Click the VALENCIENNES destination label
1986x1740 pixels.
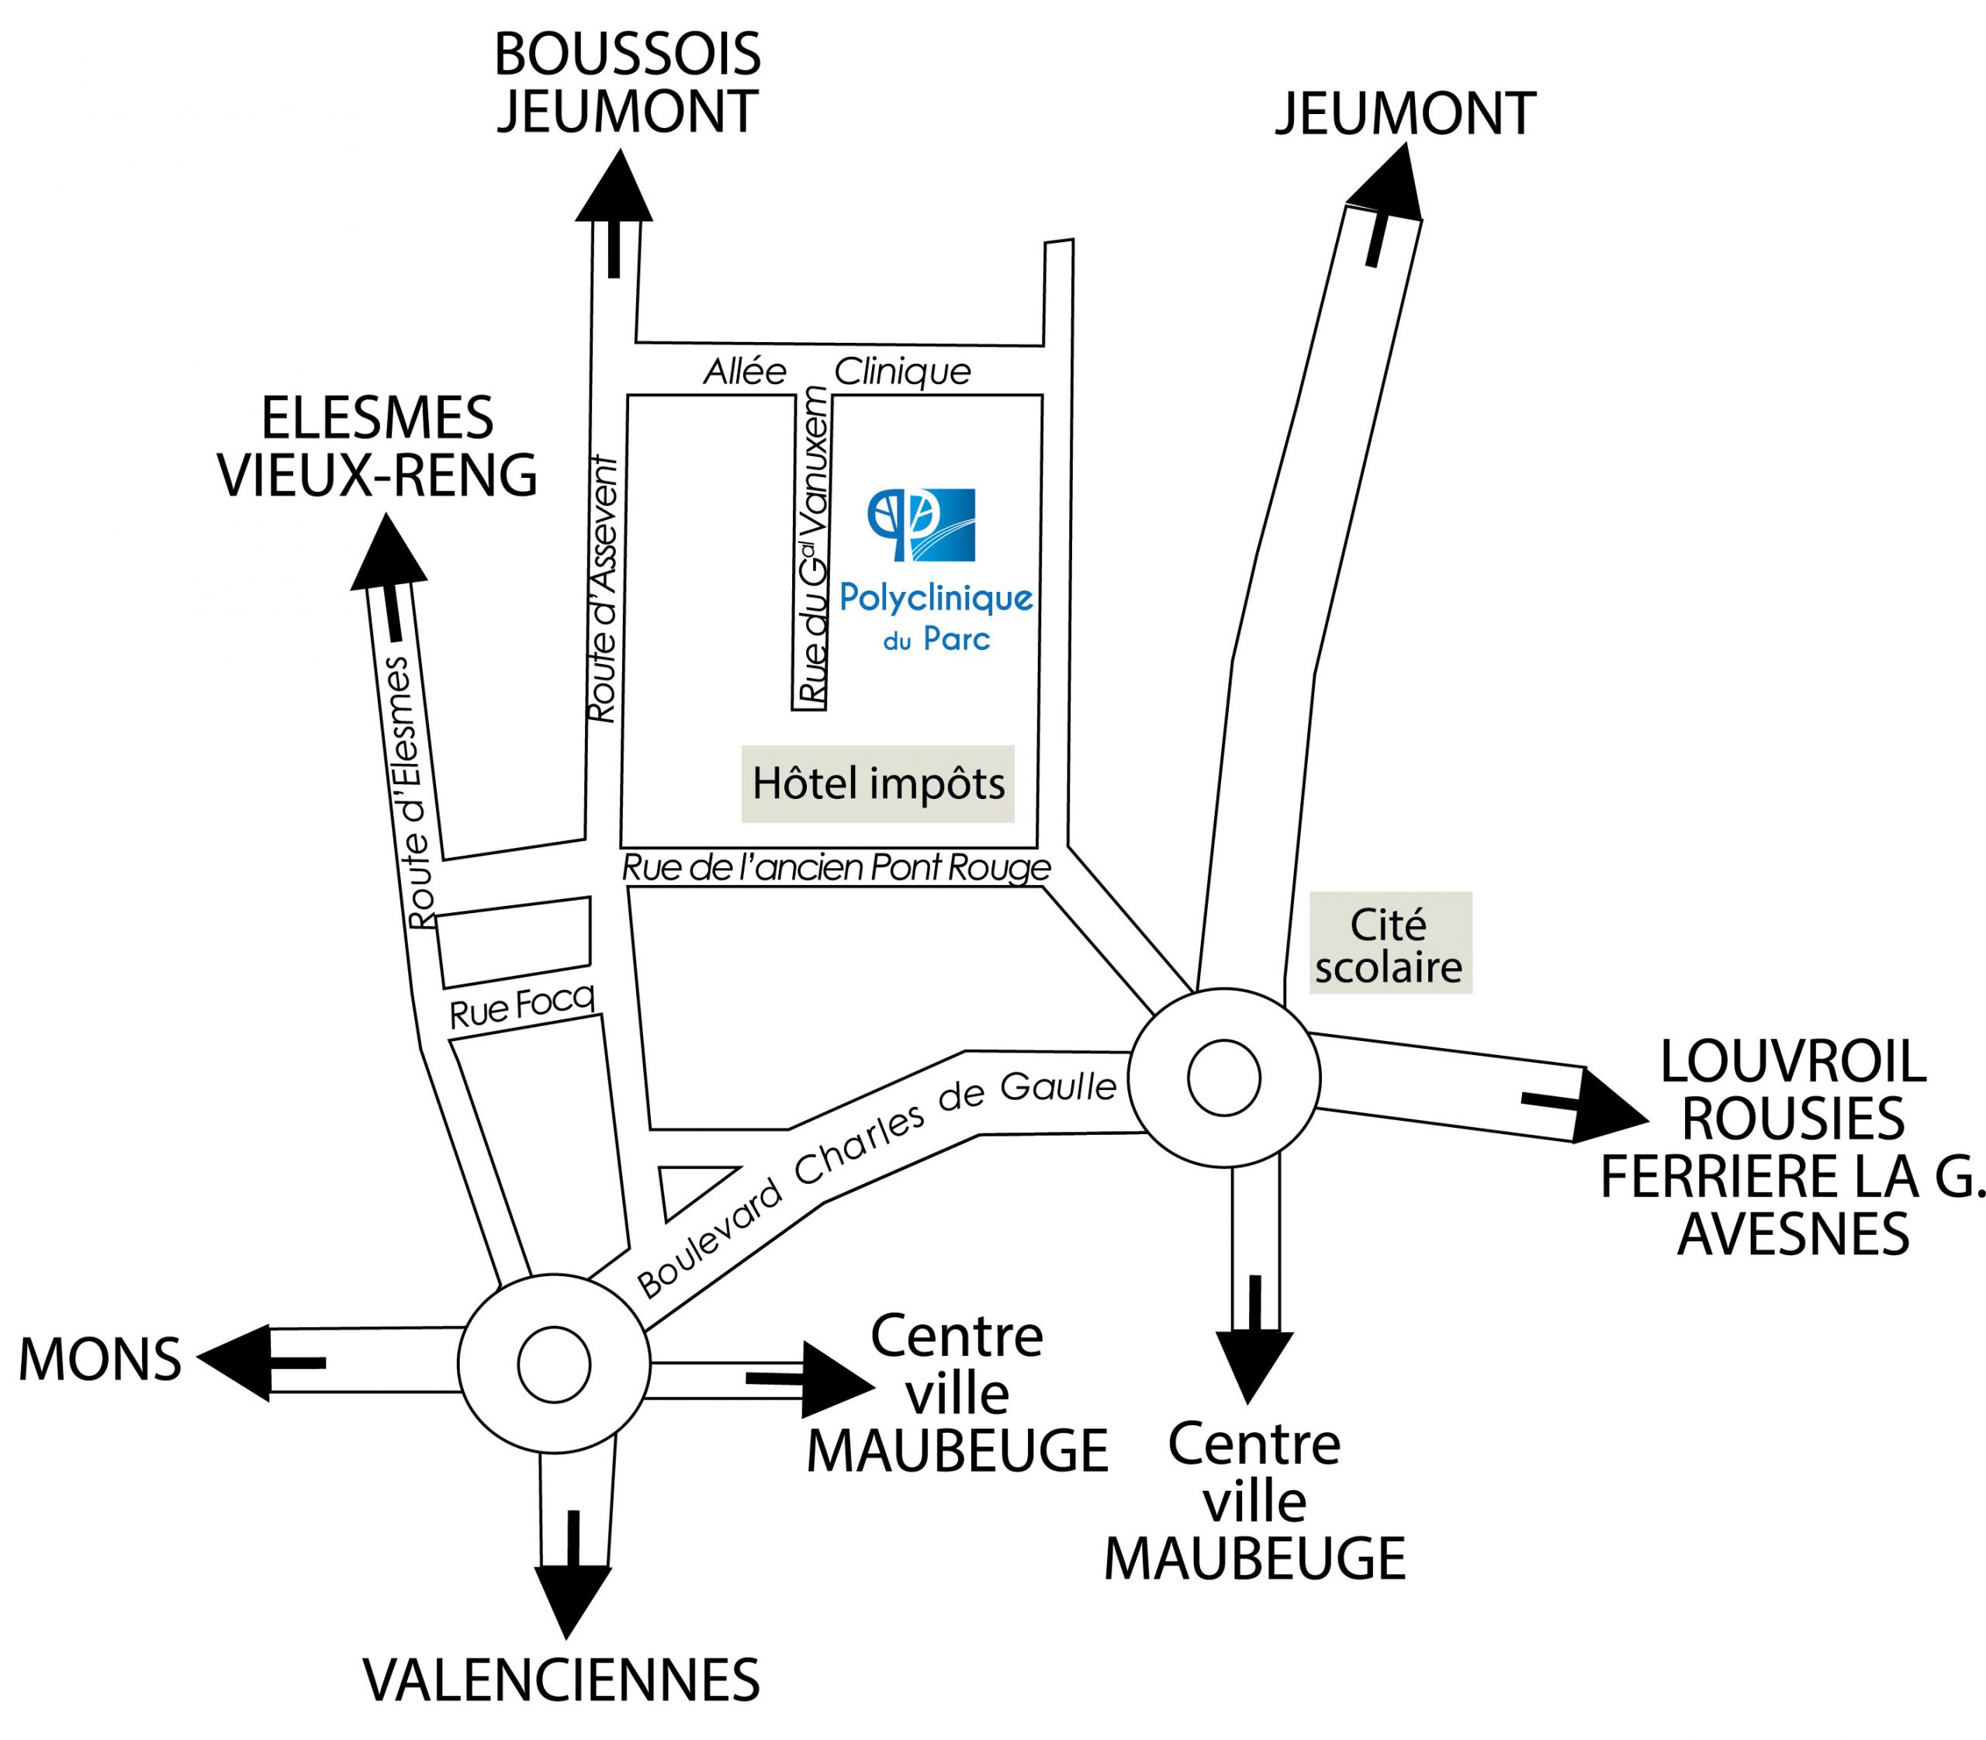[562, 1679]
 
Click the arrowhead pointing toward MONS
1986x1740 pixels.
[233, 1361]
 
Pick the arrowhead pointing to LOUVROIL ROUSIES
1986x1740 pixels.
[1608, 1107]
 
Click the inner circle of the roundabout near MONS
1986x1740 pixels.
[554, 1363]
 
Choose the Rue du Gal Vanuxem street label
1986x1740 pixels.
[813, 544]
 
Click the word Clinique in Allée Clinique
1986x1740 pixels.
[902, 371]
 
